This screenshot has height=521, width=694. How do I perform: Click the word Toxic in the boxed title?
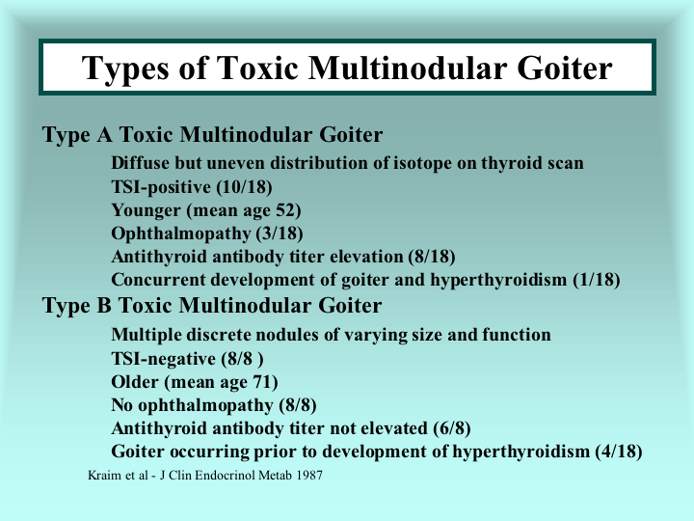click(x=257, y=68)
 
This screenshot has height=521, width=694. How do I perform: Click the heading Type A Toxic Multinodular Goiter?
click(x=212, y=134)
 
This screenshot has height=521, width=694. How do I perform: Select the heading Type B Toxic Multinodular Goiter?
click(x=212, y=305)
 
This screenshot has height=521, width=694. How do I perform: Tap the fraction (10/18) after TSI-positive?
click(x=244, y=187)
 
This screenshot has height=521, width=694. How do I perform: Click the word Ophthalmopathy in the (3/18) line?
click(x=181, y=233)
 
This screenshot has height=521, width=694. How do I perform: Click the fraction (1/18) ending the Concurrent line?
click(x=597, y=280)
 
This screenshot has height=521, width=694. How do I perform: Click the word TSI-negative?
click(x=163, y=358)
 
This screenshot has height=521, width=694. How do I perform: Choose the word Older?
click(x=135, y=381)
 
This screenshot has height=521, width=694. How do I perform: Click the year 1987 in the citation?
click(x=309, y=476)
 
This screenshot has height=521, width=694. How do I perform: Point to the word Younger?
click(x=146, y=210)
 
